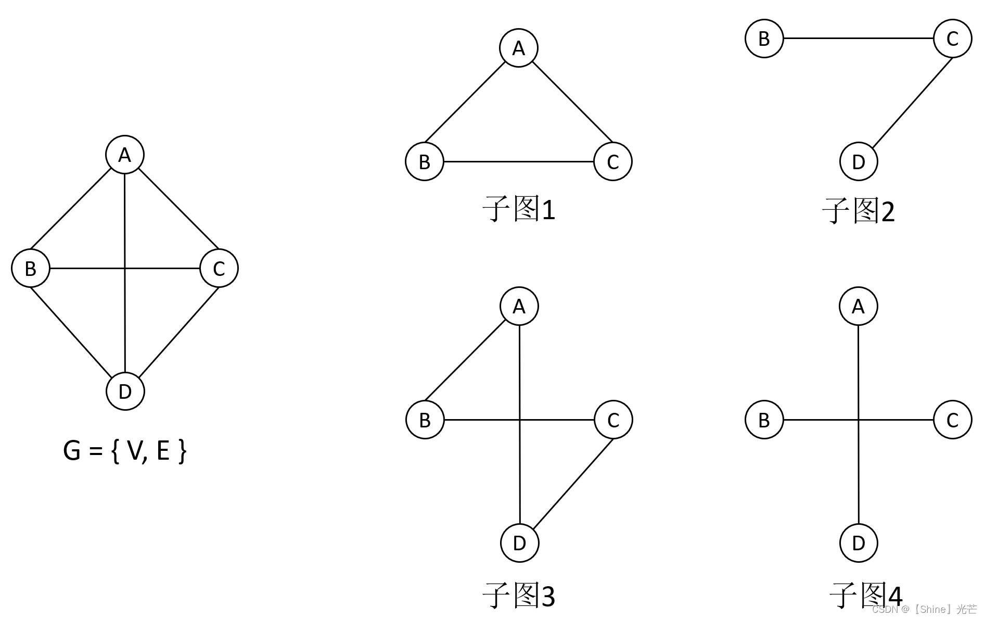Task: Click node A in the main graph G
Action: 125,155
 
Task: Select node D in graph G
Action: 125,391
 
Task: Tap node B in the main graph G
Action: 31,268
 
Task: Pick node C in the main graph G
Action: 219,268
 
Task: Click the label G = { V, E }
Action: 124,450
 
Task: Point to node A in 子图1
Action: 519,48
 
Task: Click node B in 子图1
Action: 425,161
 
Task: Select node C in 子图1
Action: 613,161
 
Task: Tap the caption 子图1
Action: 519,209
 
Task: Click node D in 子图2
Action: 859,161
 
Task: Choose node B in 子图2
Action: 764,39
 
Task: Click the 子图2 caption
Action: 859,211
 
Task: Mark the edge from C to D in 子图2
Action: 912,103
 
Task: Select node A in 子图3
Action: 519,306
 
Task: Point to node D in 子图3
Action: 519,543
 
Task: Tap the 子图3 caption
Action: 519,596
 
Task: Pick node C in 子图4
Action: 952,420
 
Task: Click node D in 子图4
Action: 859,543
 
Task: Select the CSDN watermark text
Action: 924,609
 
